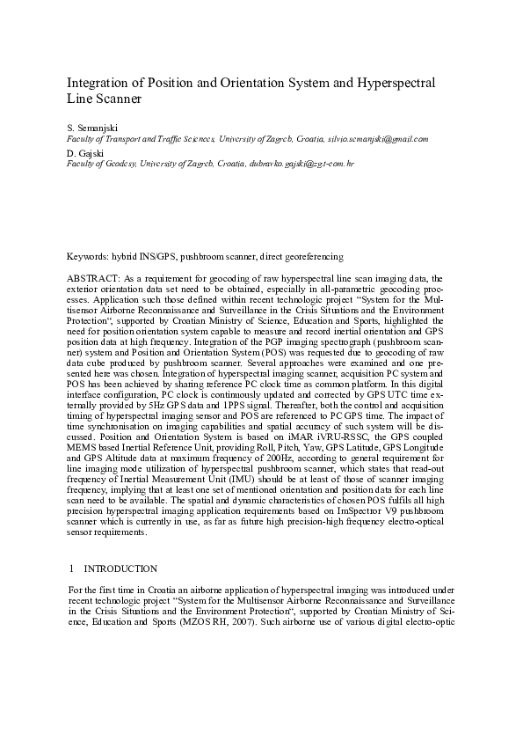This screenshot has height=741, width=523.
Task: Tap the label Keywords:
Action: click(x=90, y=256)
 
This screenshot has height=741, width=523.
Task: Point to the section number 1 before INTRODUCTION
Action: click(x=70, y=569)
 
